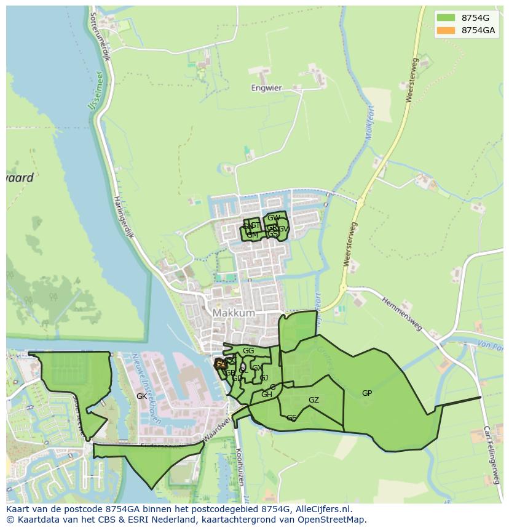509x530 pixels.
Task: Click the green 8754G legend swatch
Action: (x=446, y=18)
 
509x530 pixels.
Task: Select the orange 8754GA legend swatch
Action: (x=446, y=30)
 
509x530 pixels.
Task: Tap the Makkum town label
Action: (x=234, y=313)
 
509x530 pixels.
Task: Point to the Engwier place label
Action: (x=266, y=88)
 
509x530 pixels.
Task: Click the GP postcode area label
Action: (x=367, y=393)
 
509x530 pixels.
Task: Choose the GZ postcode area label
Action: (x=314, y=400)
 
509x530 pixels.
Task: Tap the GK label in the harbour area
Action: (x=141, y=396)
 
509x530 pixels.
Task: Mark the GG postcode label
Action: (x=248, y=351)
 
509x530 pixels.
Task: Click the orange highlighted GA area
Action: (x=220, y=364)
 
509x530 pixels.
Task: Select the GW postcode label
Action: (x=274, y=218)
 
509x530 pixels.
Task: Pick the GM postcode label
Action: (x=252, y=235)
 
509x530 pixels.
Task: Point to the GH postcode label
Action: (x=267, y=395)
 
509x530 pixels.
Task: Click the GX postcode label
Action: (x=257, y=368)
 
